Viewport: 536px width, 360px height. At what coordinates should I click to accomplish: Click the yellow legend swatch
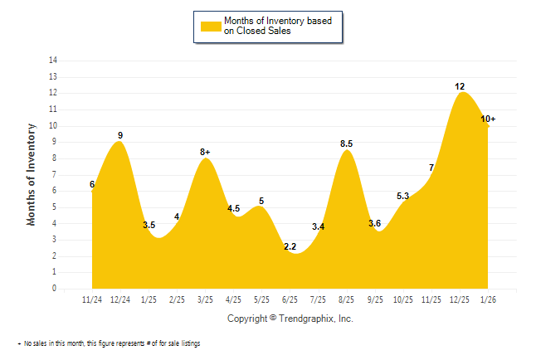click(x=211, y=26)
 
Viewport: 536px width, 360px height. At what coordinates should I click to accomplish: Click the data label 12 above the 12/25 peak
click(x=460, y=86)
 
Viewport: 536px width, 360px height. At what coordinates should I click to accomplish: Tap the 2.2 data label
click(x=290, y=246)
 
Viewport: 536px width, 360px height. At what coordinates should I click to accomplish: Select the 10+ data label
click(x=489, y=119)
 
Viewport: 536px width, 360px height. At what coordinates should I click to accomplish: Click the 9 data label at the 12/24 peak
click(x=120, y=135)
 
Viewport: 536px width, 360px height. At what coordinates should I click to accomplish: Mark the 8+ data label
click(x=205, y=152)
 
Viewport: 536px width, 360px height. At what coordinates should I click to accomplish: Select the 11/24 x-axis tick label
click(x=92, y=299)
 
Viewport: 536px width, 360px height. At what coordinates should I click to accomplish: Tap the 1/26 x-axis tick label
click(x=488, y=299)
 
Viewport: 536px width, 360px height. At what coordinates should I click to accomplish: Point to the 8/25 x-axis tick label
click(x=347, y=299)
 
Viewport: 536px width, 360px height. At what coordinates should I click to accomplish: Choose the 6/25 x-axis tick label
click(x=290, y=299)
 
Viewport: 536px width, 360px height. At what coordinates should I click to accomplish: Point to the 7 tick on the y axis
click(x=55, y=174)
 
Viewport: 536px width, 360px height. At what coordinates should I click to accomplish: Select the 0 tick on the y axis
click(x=55, y=289)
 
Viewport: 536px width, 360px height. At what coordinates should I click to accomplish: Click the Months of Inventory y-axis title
click(x=32, y=174)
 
